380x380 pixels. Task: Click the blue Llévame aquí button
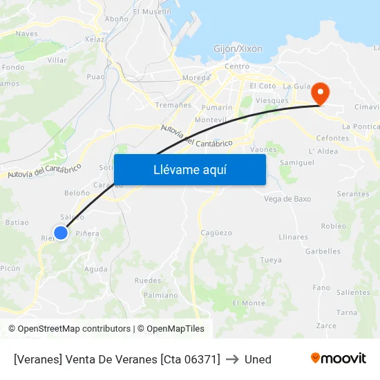pos(189,170)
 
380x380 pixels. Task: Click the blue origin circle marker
pos(61,233)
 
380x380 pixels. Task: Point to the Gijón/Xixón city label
pos(238,49)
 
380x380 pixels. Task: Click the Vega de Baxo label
pos(287,199)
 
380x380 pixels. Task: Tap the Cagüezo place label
pos(216,233)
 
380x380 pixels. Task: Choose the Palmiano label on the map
pos(160,295)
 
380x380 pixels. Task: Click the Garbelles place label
pos(323,251)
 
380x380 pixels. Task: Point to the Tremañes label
pos(173,105)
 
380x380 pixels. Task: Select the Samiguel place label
pos(297,162)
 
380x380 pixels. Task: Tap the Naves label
pos(26,33)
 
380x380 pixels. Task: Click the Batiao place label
pos(17,222)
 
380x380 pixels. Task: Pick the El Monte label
pos(249,303)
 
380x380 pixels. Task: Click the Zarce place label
pos(326,326)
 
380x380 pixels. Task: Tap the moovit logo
pos(339,359)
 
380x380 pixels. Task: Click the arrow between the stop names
pos(232,359)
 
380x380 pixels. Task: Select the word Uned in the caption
pos(258,359)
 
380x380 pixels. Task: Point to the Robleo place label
pos(334,226)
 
